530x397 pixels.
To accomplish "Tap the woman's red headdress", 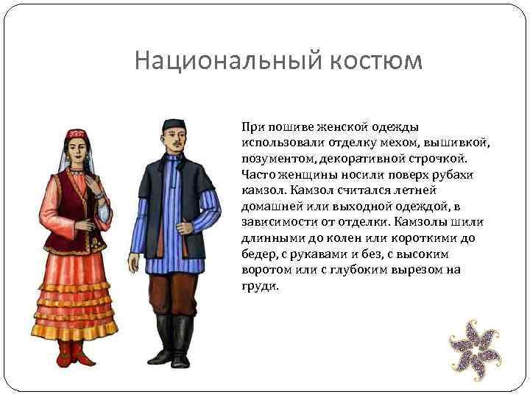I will click(x=77, y=135).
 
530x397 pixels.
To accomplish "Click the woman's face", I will click(x=77, y=151).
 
